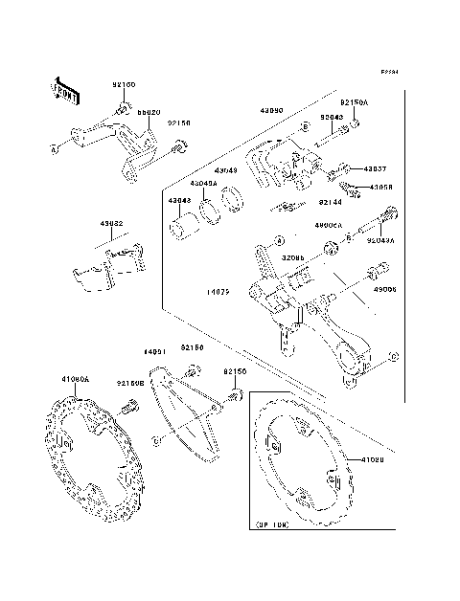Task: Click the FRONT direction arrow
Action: [65, 91]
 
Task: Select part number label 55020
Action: [149, 112]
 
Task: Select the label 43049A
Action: [202, 184]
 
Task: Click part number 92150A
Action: [353, 101]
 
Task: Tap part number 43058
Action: [380, 187]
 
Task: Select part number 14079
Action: [218, 290]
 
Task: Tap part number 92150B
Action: [130, 383]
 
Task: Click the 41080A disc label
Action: [75, 379]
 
